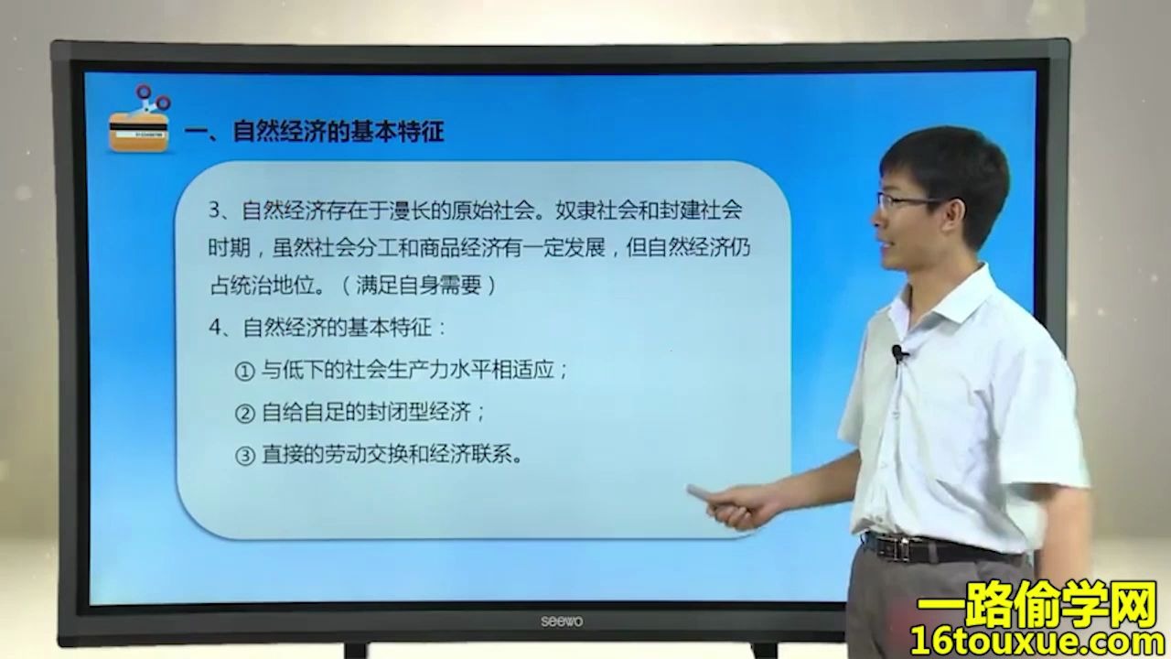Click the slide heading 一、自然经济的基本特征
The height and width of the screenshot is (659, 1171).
pyautogui.click(x=314, y=132)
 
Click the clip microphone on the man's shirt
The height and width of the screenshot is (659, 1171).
pyautogui.click(x=899, y=352)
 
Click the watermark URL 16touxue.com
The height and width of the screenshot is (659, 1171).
pyautogui.click(x=1036, y=640)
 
